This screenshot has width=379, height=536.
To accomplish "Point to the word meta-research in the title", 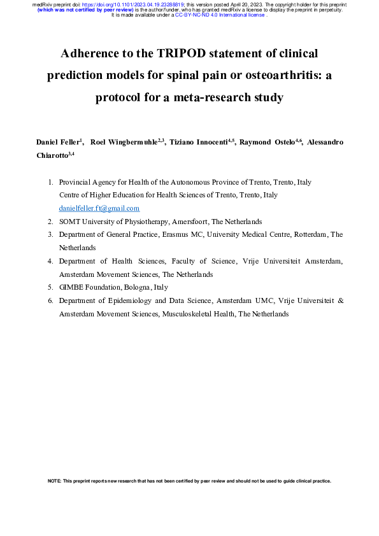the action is [192, 97].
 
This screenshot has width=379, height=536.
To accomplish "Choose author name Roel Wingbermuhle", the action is [126, 141].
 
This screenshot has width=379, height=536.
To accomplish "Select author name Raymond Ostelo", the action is [266, 141].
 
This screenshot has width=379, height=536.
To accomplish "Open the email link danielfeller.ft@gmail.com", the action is [99, 208].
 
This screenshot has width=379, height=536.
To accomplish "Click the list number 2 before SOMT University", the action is [50, 222].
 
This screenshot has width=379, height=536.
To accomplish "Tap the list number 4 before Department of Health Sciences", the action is [50, 262].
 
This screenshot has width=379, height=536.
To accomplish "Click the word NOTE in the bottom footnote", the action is [54, 481].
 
